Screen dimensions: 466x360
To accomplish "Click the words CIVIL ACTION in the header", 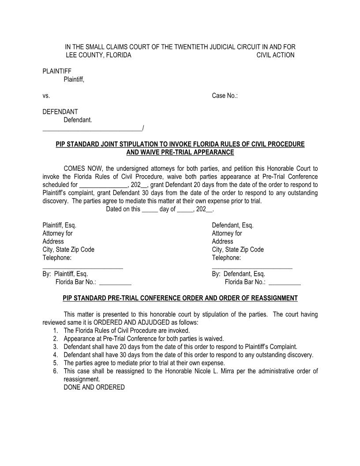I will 275,55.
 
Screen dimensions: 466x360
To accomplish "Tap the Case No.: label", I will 225,96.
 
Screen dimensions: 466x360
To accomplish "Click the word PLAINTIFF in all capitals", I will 57,71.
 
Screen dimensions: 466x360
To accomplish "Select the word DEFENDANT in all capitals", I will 60,112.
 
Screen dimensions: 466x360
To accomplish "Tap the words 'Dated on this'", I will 123,210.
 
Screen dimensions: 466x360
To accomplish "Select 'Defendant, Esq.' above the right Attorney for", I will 232,225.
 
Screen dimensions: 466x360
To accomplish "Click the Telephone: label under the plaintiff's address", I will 57,258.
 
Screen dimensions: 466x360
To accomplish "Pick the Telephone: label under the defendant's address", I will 226,258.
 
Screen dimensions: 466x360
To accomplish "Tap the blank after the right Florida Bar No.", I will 285,283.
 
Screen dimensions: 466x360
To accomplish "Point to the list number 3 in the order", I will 56,347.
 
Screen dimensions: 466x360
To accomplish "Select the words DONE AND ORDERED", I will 94,387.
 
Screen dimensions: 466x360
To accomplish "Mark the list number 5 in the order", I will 56,363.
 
